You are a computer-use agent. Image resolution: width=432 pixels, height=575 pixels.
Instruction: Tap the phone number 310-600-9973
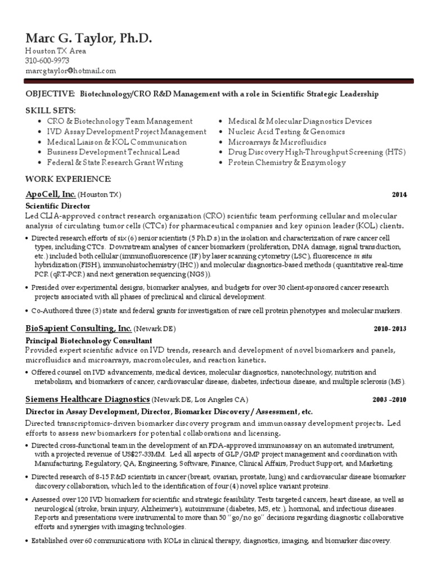click(x=47, y=61)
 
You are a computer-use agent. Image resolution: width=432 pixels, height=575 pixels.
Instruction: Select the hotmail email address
click(x=70, y=71)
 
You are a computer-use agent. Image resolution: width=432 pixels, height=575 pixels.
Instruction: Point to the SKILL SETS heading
click(x=50, y=110)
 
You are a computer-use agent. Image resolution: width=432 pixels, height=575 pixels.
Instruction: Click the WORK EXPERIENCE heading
click(x=68, y=179)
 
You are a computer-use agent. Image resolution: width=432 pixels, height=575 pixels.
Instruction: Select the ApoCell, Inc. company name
click(x=49, y=194)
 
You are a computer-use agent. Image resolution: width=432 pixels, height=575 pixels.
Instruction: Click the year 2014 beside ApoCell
click(x=399, y=195)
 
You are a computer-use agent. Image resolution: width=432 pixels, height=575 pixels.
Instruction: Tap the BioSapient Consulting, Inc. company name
click(x=79, y=328)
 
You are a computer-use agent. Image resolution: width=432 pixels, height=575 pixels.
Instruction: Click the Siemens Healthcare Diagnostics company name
click(x=87, y=399)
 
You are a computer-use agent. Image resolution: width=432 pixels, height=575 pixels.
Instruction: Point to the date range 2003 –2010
click(x=389, y=400)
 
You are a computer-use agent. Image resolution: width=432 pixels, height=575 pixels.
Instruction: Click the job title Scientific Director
click(x=55, y=206)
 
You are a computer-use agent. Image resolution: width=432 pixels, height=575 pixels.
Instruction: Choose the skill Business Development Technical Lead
click(x=114, y=152)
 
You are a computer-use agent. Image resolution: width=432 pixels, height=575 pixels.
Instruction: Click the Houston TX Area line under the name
click(x=55, y=51)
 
